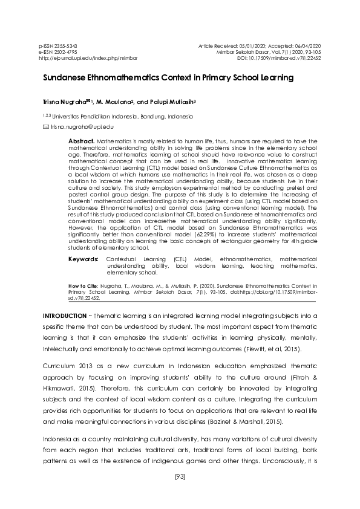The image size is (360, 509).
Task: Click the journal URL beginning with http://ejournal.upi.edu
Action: coord(88,59)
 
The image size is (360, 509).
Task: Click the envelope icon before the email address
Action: coord(45,127)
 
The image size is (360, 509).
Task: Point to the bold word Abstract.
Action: coord(82,140)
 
